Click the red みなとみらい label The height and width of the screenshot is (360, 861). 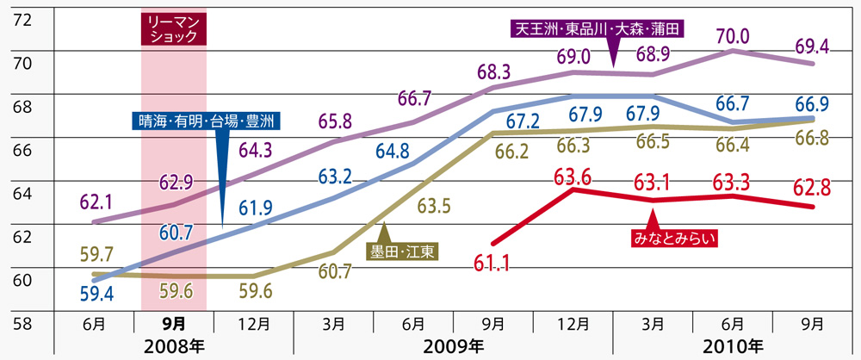pos(674,234)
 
